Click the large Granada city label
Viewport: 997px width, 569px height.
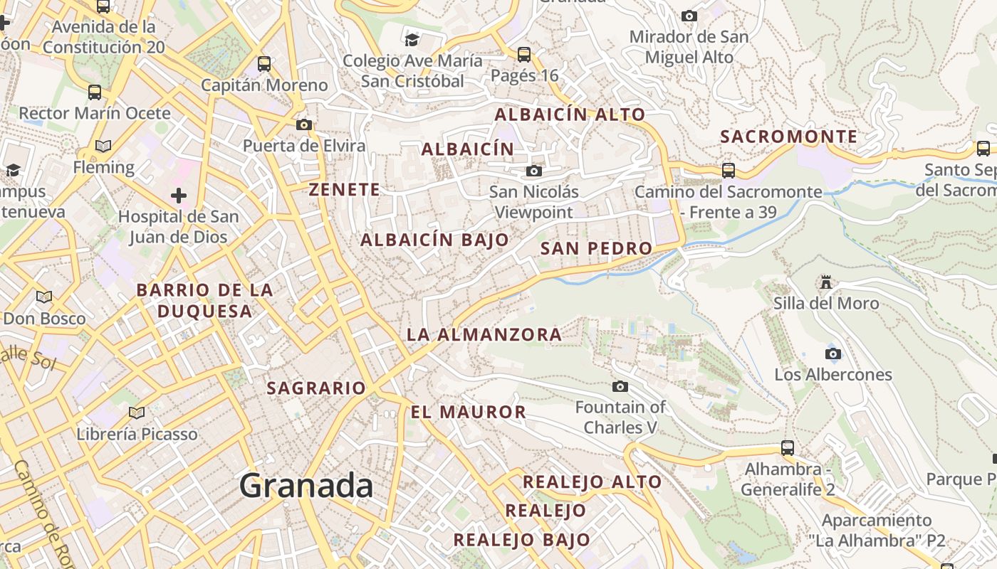click(x=306, y=486)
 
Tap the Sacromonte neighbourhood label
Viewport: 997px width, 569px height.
click(x=789, y=137)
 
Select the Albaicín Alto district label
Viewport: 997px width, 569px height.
click(x=570, y=115)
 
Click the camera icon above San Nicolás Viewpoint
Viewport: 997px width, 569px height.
click(x=533, y=171)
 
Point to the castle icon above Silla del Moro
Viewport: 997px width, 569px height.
click(x=826, y=282)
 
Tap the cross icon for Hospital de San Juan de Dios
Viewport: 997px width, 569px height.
click(x=179, y=195)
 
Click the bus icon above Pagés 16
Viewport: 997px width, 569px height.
click(x=524, y=54)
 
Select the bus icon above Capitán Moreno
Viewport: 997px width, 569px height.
click(x=264, y=63)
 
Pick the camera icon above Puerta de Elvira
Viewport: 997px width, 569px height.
click(x=304, y=124)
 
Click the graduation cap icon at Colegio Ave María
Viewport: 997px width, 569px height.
click(x=412, y=39)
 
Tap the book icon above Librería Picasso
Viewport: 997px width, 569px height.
click(x=137, y=412)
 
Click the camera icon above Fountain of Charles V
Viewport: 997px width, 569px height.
click(x=620, y=386)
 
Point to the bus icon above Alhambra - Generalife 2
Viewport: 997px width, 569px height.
click(x=787, y=447)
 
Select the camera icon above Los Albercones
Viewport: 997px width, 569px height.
click(x=832, y=353)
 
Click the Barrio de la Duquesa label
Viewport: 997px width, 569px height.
click(x=205, y=300)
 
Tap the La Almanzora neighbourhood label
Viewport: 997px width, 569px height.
click(x=484, y=334)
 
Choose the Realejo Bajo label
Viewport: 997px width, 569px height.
click(x=522, y=540)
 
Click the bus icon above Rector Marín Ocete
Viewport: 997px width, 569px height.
click(x=95, y=92)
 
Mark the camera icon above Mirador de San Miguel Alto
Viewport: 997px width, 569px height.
click(x=689, y=16)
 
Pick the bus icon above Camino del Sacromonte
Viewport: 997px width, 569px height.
click(x=729, y=170)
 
